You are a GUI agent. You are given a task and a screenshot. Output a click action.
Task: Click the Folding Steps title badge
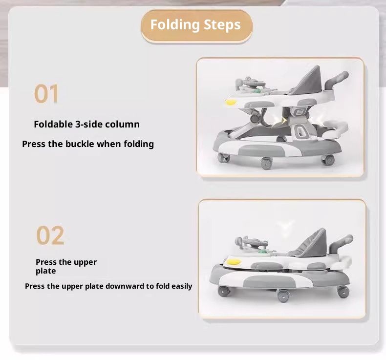coord(196,25)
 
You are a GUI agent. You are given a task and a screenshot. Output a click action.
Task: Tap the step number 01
coord(46,94)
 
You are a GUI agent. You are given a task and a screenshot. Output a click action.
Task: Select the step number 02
coord(50,235)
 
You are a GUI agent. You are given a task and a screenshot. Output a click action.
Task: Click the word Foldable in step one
coord(53,124)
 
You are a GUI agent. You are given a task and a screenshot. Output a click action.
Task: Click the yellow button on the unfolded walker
coord(231,102)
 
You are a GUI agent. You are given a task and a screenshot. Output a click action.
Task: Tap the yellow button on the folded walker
coord(234,261)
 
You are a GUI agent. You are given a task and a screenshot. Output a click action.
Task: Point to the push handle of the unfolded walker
coord(336,80)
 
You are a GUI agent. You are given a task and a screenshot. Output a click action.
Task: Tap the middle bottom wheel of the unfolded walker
coord(266,163)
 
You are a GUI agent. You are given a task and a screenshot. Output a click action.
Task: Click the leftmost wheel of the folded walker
coord(224,291)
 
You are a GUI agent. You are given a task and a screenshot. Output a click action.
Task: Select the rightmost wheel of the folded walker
coord(343,292)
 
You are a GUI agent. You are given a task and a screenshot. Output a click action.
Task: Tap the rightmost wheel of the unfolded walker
coord(328,160)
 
